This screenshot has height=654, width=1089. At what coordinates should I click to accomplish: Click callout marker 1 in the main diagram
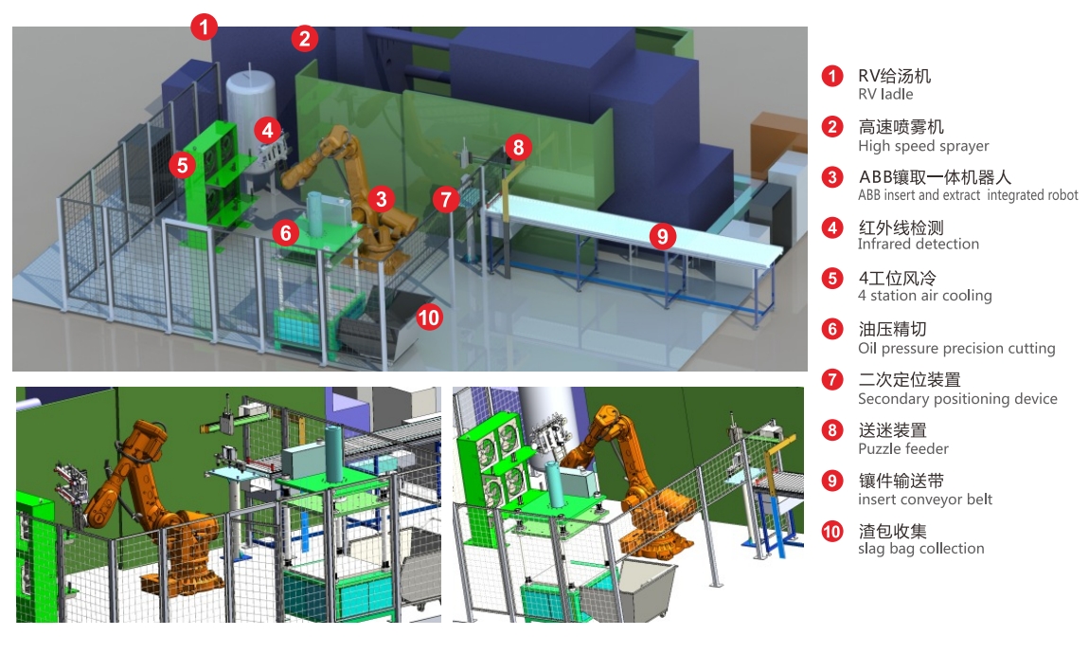[x=205, y=27]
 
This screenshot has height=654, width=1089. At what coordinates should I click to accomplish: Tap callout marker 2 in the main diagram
[x=304, y=38]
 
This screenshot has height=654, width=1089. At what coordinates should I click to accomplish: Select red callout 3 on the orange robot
[x=381, y=199]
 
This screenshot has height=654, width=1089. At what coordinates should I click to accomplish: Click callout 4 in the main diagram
[x=267, y=129]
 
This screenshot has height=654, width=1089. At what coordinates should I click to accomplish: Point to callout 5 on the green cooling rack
[x=182, y=166]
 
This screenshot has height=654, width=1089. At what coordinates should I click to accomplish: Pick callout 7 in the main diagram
[x=445, y=200]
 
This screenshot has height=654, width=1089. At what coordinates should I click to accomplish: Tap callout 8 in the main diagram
[x=518, y=147]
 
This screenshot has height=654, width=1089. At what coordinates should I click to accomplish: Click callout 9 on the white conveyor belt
[x=663, y=236]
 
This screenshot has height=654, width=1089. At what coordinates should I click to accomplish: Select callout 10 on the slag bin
[x=429, y=318]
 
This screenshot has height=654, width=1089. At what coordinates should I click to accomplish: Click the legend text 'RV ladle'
[x=885, y=95]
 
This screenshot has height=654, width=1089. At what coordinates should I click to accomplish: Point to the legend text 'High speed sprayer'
[x=923, y=146]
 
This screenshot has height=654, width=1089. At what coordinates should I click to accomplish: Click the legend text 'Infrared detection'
[x=919, y=244]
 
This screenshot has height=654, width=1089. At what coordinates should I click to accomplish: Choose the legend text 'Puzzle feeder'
[x=902, y=449]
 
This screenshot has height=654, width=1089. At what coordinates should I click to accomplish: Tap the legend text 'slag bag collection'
[x=921, y=549]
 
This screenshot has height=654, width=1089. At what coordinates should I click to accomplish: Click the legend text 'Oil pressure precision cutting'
[x=956, y=348]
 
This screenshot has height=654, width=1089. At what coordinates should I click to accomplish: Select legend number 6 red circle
[x=832, y=329]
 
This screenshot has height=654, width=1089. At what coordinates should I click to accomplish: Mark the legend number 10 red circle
[x=832, y=532]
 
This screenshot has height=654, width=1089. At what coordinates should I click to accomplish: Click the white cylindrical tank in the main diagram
[x=251, y=118]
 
